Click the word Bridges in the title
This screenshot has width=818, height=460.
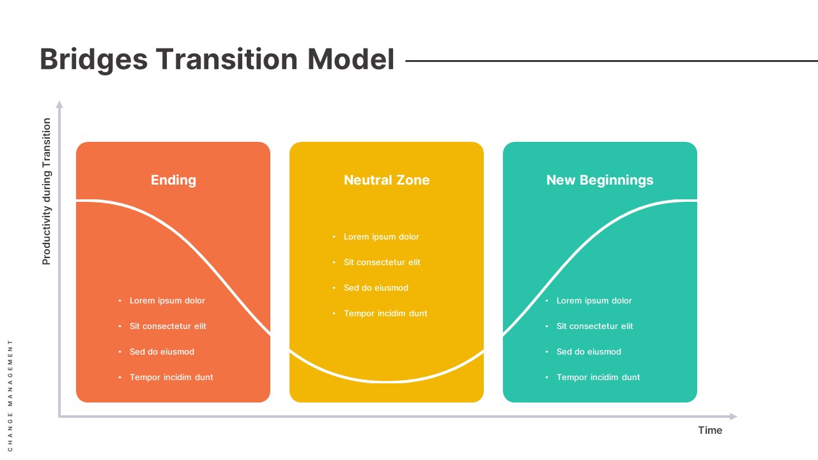coord(93,59)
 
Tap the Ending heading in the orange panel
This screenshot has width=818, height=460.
coord(173,180)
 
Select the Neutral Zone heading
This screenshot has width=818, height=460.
coord(387,180)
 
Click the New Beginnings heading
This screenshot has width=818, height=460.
coord(599,180)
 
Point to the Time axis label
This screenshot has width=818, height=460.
coord(710,430)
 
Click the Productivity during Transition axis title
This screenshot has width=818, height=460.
coord(46,192)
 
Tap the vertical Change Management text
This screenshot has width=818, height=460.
coord(10,395)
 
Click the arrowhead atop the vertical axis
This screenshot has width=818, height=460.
coord(59,104)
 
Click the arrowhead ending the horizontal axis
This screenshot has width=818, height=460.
coord(733,417)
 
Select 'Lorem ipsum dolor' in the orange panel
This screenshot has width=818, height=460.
coord(167,300)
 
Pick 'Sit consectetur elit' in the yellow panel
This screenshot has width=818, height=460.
coord(382,262)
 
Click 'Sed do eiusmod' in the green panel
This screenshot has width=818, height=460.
coord(589,351)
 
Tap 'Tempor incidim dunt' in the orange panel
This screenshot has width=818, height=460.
coord(171,377)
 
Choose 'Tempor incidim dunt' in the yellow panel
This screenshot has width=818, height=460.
coord(385,313)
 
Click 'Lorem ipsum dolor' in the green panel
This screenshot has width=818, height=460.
coord(594,300)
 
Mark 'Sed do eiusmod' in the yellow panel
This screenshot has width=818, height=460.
coord(376,287)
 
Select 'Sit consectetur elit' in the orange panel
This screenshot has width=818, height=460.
coord(168,326)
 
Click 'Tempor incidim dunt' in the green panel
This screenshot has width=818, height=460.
coord(598,377)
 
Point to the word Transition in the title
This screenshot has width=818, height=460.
coord(227,59)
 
